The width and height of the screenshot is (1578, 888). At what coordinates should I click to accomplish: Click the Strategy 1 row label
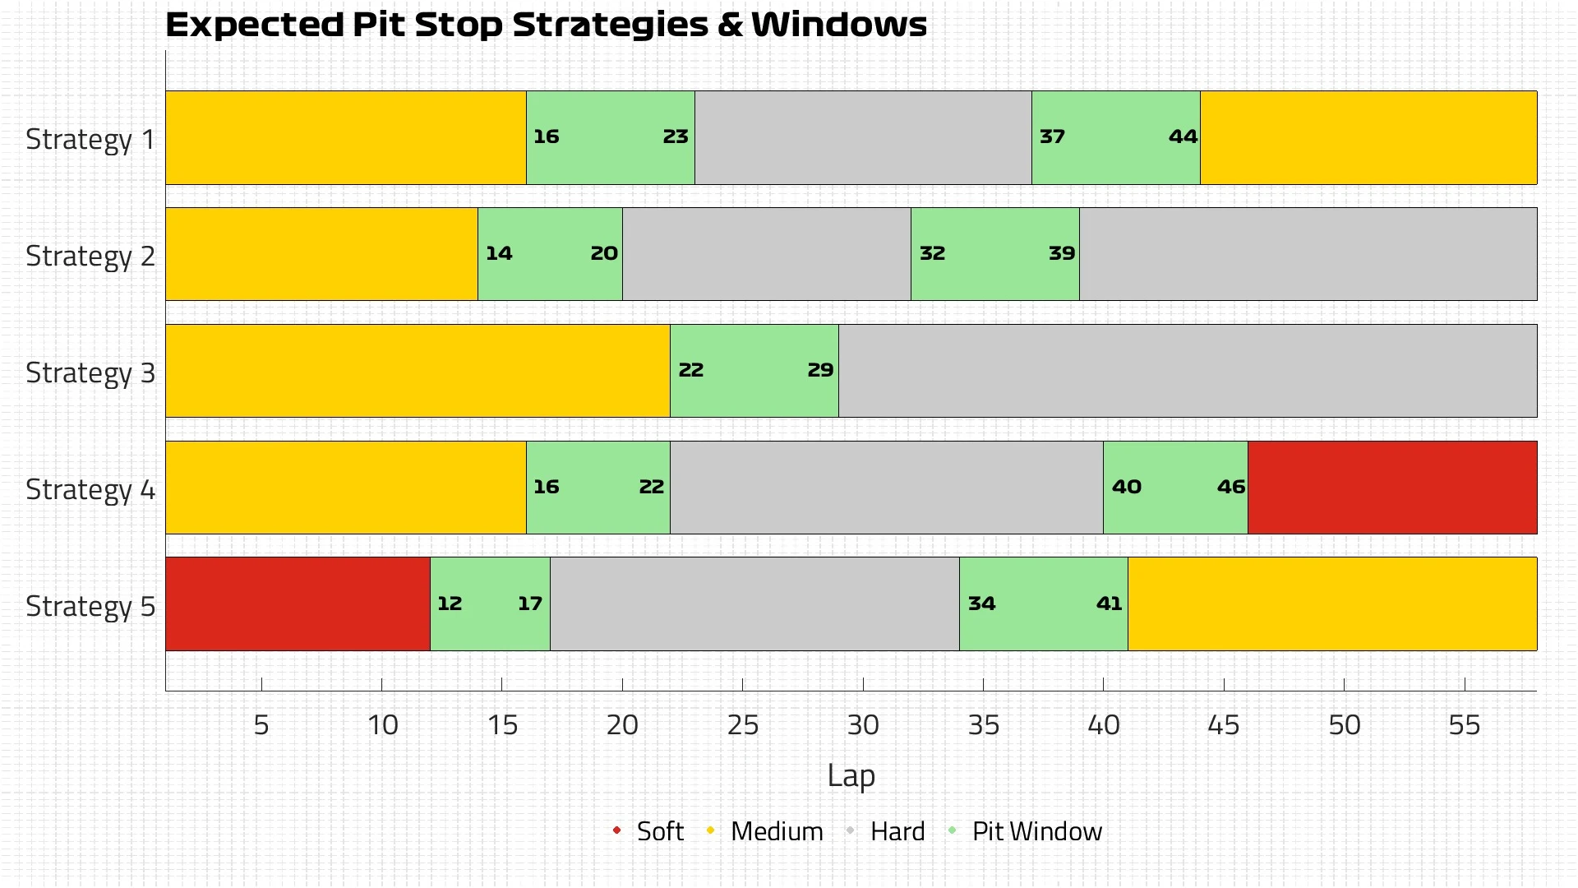pos(90,139)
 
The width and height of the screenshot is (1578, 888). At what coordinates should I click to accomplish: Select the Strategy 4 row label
pos(90,489)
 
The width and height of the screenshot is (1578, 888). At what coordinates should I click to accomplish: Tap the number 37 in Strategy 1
pos(1052,137)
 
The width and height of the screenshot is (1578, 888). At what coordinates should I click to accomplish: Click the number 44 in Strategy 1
pos(1183,137)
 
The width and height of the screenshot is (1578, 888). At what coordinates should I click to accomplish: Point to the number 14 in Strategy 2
pos(499,254)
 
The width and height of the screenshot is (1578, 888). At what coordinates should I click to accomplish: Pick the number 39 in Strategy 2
pos(1061,254)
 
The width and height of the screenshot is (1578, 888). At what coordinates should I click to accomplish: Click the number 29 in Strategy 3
pos(820,371)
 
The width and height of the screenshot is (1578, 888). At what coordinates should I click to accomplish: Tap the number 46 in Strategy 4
pos(1230,488)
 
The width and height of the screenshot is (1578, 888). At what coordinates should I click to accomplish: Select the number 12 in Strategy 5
pos(450,604)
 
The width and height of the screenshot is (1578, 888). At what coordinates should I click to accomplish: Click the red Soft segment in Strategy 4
pos(1391,488)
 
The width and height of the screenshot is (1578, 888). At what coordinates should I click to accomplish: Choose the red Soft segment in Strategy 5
pos(298,604)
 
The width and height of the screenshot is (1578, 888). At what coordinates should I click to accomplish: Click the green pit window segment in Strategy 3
pos(754,371)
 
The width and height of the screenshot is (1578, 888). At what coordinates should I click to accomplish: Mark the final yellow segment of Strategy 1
pos(1368,137)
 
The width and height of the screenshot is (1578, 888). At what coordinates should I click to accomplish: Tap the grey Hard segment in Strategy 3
pos(1187,371)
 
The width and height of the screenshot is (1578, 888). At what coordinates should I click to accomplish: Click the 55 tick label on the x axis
pos(1464,725)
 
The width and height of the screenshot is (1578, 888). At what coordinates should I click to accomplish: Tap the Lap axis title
pos(851,775)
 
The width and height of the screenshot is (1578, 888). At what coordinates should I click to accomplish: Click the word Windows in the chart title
pos(838,25)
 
